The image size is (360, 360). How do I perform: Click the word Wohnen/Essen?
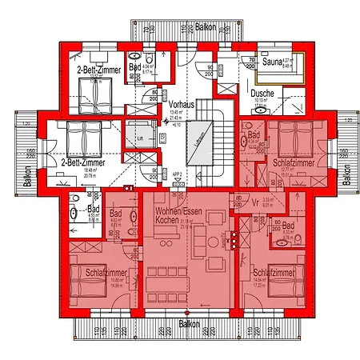pyautogui.click(x=174, y=210)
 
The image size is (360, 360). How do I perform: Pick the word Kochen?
pyautogui.click(x=168, y=219)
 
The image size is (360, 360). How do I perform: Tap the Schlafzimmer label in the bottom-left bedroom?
pyautogui.click(x=104, y=273)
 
